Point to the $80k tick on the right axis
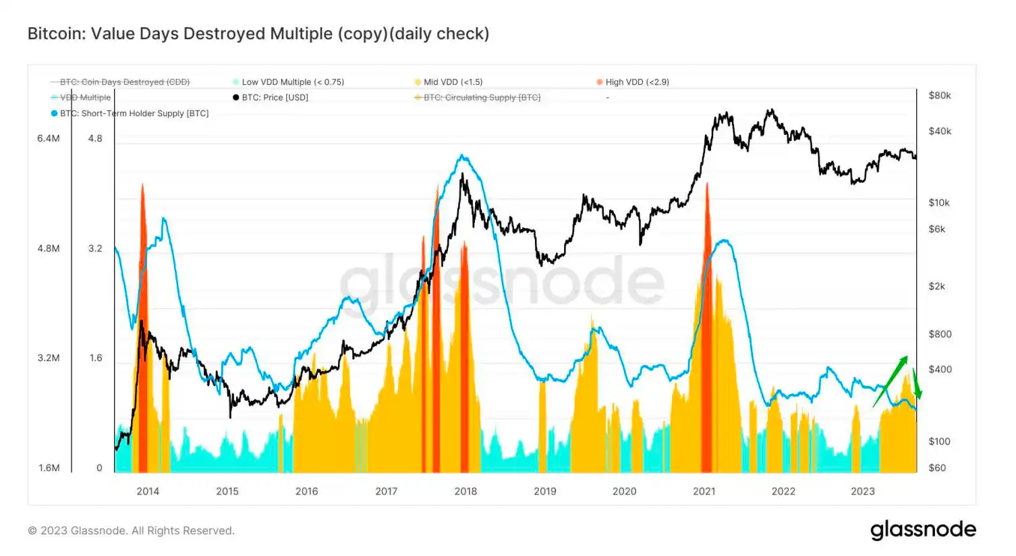[x=940, y=96]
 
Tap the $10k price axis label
[x=939, y=202]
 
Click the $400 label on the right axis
[x=940, y=370]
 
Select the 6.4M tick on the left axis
[x=49, y=138]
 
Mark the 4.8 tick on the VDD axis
[x=95, y=138]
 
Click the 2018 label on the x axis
[x=465, y=491]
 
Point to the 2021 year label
[x=704, y=491]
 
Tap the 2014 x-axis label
[x=148, y=491]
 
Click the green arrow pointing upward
[x=891, y=381]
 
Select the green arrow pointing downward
[x=916, y=385]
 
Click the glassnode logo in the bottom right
[x=923, y=530]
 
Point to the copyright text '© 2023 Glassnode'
[x=131, y=531]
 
